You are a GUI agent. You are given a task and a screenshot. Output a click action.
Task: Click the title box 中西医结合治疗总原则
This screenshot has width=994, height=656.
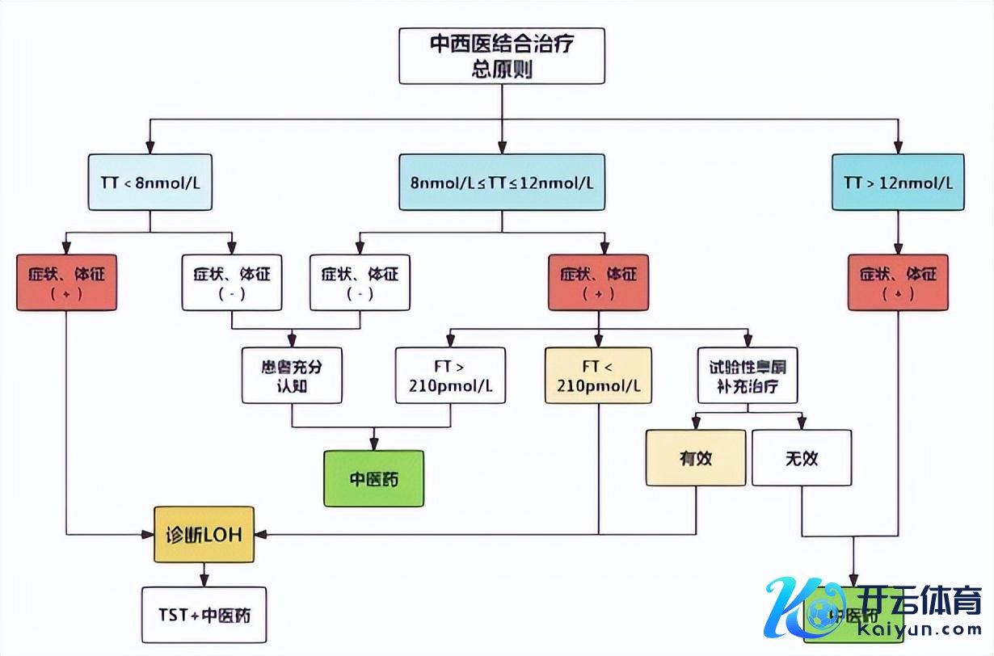[501, 56]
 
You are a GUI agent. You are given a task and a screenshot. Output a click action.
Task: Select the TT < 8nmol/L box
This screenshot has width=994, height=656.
[150, 182]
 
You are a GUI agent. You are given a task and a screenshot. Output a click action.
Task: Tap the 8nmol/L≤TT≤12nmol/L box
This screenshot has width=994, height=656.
[501, 182]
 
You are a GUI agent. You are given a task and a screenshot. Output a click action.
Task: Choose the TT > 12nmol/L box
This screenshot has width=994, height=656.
[898, 182]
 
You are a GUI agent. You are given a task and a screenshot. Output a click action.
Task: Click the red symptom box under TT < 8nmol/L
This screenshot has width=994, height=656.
[66, 283]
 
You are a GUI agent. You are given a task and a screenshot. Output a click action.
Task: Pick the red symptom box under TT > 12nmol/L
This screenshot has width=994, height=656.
[898, 283]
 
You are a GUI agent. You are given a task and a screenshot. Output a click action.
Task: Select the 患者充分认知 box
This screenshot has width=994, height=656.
[292, 376]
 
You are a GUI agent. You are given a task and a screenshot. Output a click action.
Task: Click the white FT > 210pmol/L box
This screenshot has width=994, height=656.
[450, 376]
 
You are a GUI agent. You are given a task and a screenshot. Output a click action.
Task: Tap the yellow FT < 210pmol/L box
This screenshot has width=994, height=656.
[598, 376]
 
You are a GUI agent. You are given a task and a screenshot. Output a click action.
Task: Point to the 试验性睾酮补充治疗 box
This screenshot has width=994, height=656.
[748, 376]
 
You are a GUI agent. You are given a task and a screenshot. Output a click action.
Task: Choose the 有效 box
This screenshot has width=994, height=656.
[696, 457]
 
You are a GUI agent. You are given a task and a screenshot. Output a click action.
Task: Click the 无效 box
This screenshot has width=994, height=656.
[802, 457]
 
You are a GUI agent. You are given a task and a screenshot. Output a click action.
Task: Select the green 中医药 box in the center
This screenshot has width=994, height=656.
[373, 478]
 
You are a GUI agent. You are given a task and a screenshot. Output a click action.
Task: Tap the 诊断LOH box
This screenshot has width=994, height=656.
[204, 534]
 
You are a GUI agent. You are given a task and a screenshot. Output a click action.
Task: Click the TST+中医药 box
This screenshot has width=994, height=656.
[204, 615]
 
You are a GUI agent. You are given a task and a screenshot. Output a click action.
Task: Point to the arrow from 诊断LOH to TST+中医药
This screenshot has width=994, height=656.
[204, 574]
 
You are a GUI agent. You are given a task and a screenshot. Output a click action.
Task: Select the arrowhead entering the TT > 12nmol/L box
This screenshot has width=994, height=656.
[898, 147]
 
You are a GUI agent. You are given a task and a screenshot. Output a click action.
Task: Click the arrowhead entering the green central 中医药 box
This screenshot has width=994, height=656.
[373, 444]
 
